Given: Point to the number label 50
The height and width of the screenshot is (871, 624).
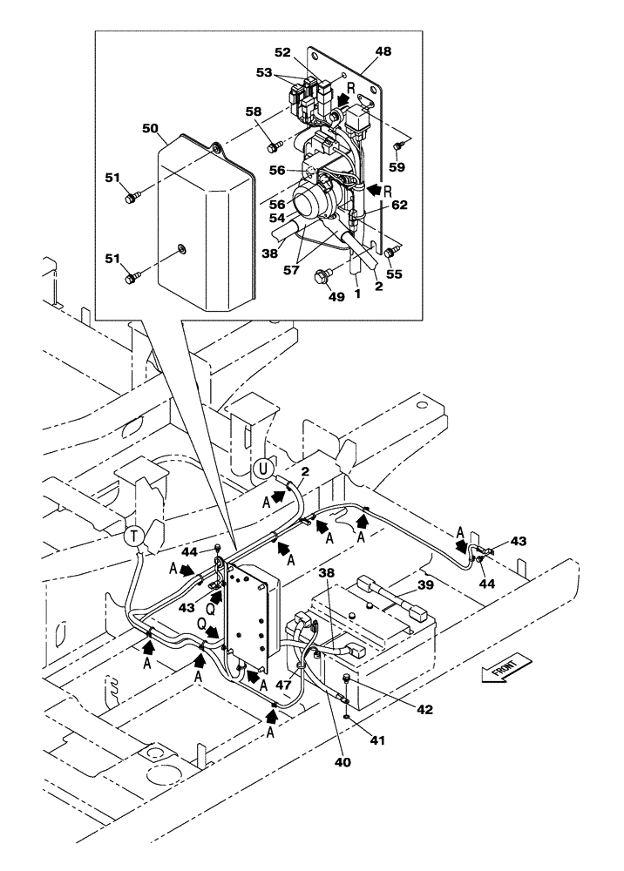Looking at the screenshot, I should pyautogui.click(x=151, y=128).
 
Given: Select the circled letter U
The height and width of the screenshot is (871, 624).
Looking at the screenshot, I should pyautogui.click(x=261, y=471).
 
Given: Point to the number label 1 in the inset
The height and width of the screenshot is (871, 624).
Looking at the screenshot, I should pyautogui.click(x=356, y=295).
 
